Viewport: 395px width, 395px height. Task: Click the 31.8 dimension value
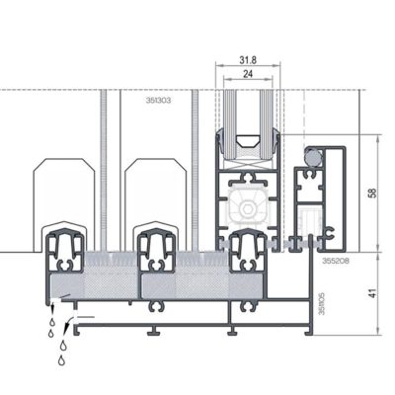pos(248,59)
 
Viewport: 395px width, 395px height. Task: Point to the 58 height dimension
pos(372,193)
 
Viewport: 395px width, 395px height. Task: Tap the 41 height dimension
pos(372,293)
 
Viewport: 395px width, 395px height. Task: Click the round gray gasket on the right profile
pos(314,155)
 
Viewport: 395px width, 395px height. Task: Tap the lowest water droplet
pos(61,361)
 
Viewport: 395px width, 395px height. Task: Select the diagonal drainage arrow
pos(66,323)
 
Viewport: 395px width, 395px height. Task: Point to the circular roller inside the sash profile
pos(247,209)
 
